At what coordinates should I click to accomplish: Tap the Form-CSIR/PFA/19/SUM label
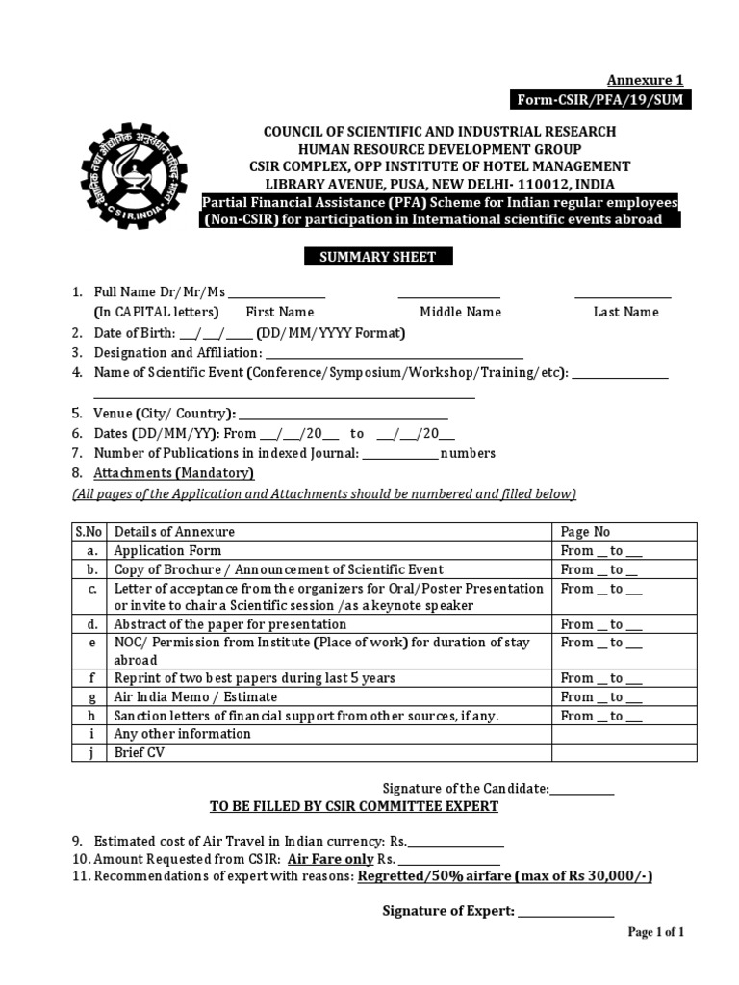604,100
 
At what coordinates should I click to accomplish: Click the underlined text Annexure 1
645,80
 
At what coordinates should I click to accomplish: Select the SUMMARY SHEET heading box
378,257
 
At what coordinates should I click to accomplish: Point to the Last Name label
625,312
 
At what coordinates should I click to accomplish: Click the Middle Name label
460,312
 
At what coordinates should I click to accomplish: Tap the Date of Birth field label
135,333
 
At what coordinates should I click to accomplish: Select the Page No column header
585,532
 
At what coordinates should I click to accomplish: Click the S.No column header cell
88,532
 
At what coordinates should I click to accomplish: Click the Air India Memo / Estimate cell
195,696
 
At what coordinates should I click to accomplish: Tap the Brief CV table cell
140,752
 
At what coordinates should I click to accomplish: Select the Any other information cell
182,734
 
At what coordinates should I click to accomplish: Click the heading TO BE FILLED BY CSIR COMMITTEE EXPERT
354,806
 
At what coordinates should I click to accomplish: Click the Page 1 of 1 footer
655,932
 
